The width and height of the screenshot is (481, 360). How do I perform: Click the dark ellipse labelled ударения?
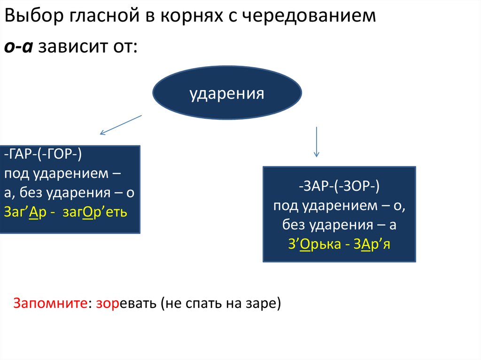227,93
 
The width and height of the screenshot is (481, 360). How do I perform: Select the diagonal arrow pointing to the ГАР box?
121,124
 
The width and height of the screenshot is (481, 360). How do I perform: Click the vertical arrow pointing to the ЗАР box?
317,141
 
